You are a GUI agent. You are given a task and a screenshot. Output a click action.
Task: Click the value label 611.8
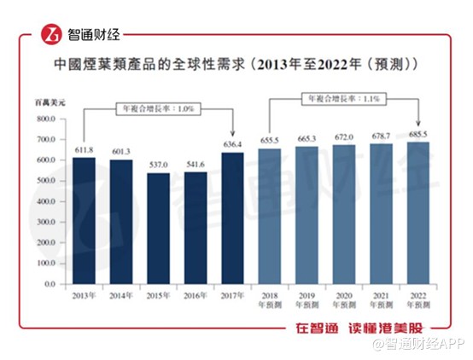coord(84,150)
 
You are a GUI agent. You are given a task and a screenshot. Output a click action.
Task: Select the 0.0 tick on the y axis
coord(50,283)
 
